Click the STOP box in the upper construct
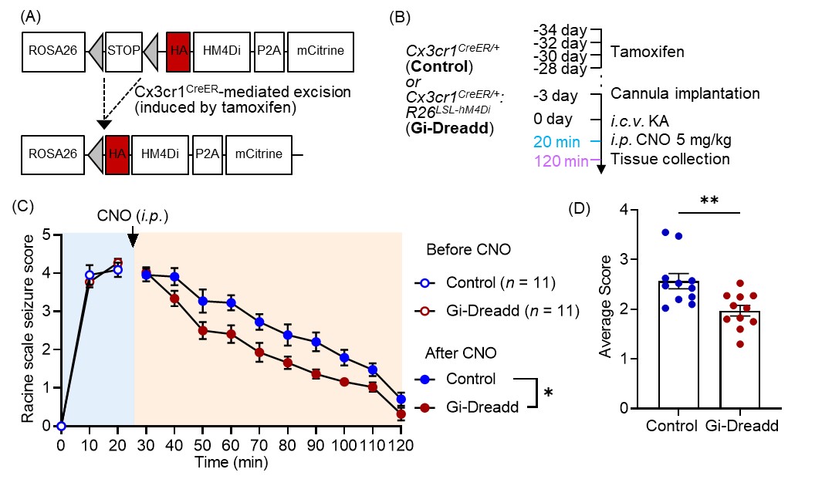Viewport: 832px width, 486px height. pos(123,53)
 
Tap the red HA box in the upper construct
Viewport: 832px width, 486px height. pos(174,53)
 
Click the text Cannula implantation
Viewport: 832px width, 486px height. pos(685,94)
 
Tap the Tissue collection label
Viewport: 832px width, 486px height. pos(670,160)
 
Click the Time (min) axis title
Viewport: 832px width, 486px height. pos(231,463)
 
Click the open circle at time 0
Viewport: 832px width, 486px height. pos(61,426)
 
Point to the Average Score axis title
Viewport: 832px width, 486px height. pos(607,307)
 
